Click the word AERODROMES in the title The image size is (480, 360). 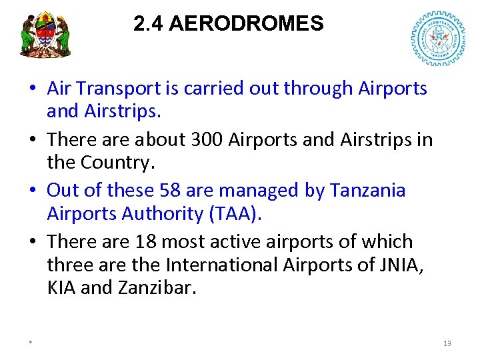(246, 24)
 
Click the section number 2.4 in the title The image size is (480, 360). (149, 24)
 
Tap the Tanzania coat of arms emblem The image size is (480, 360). (45, 35)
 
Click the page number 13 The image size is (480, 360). (447, 343)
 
